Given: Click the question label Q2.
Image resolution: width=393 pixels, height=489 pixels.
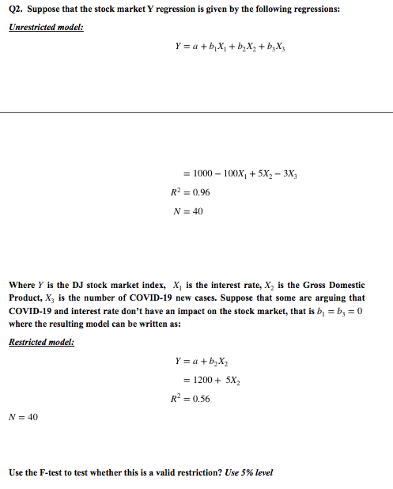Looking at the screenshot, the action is coord(17,8).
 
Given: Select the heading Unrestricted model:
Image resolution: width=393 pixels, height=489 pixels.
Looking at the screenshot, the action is coord(47,27).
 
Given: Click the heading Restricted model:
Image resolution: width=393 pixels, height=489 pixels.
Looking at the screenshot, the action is coord(41,342).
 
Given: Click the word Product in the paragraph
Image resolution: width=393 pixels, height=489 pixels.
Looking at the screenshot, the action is coord(28,298).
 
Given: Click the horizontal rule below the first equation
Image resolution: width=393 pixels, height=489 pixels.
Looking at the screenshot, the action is coord(196,112).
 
